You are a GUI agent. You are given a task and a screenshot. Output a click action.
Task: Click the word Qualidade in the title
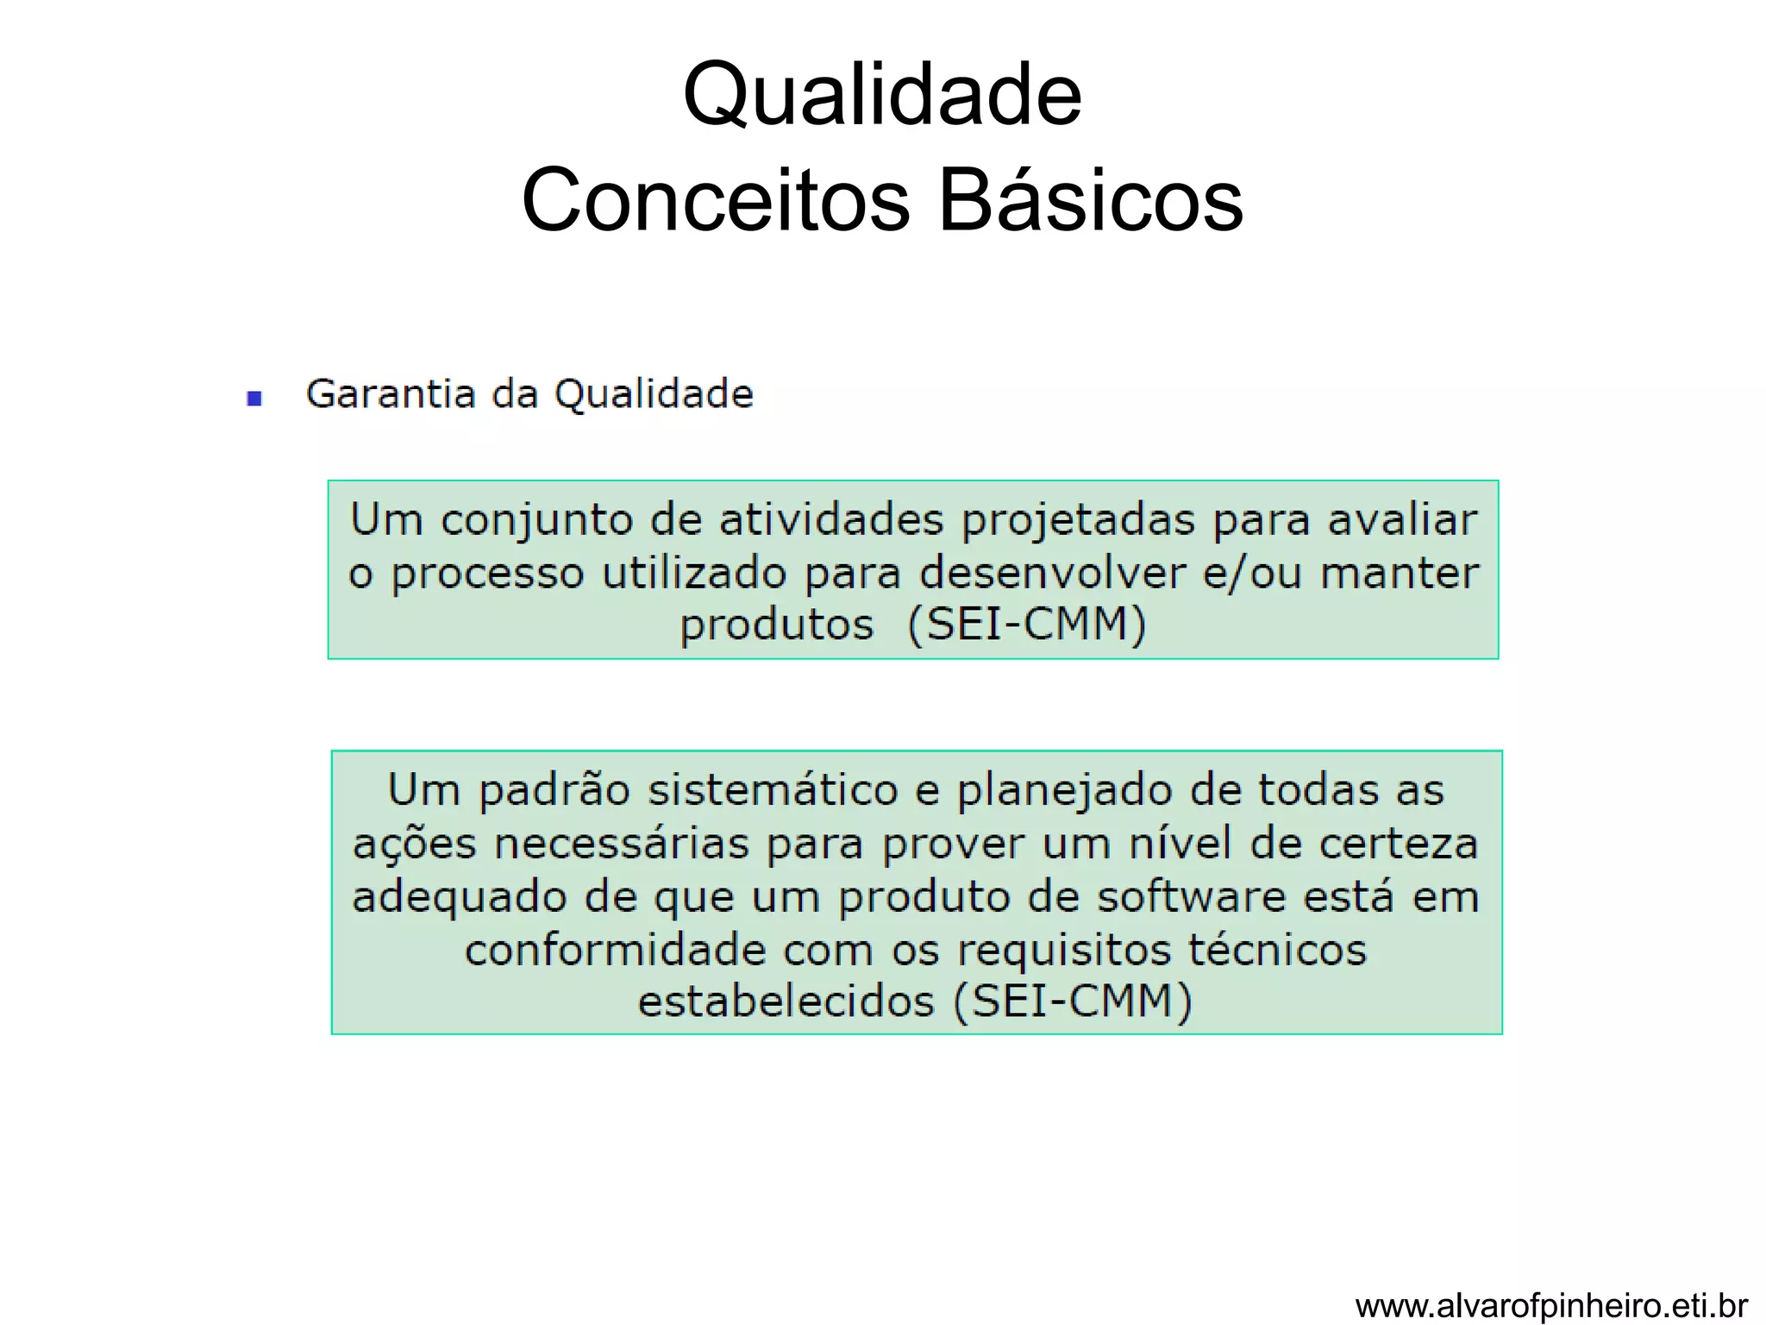pos(881,95)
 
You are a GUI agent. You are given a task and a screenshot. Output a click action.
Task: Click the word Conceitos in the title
pos(716,200)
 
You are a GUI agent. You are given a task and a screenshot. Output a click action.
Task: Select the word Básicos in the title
pos(1090,200)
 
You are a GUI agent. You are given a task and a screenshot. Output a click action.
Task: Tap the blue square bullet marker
pos(254,398)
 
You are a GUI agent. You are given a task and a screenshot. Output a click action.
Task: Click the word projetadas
pos(1078,521)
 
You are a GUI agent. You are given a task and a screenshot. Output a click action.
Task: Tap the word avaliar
pos(1402,520)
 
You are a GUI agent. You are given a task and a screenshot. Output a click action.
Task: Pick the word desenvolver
pos(1052,573)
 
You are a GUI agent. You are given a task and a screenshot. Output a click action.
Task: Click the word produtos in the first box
pos(776,625)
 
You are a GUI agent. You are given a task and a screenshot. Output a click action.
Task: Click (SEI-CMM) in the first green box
pos(1027,625)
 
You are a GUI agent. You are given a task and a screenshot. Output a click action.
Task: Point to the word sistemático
pos(773,790)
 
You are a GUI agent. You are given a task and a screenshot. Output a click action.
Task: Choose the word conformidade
pos(615,951)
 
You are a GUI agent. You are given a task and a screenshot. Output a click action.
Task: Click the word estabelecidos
pos(786,1002)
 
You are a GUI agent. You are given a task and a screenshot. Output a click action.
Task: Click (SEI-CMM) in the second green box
pos(1073,1002)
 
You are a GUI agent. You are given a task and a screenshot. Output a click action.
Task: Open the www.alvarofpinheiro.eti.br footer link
pos(1551,1305)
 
